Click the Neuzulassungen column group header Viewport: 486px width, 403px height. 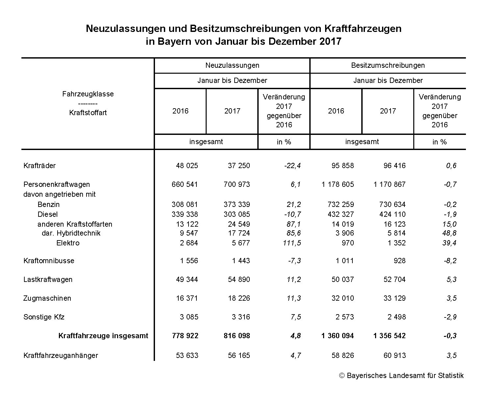232,65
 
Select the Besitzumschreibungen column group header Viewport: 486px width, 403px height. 388,65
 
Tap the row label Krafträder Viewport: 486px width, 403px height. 39,165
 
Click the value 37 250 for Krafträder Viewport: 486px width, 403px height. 239,165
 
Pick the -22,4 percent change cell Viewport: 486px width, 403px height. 293,165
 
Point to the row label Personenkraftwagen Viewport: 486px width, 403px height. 57,184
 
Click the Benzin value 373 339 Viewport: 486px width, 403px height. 237,204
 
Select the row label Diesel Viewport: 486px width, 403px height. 48,214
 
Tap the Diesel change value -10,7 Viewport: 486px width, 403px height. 293,214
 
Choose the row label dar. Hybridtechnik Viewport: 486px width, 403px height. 71,233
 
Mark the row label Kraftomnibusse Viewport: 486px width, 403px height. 49,261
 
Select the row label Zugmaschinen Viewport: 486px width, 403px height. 47,298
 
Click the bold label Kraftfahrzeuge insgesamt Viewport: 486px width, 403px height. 103,336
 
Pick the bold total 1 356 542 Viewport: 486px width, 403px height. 390,336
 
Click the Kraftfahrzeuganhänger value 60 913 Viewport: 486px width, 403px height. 395,355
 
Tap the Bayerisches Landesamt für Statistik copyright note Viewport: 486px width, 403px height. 401,375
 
